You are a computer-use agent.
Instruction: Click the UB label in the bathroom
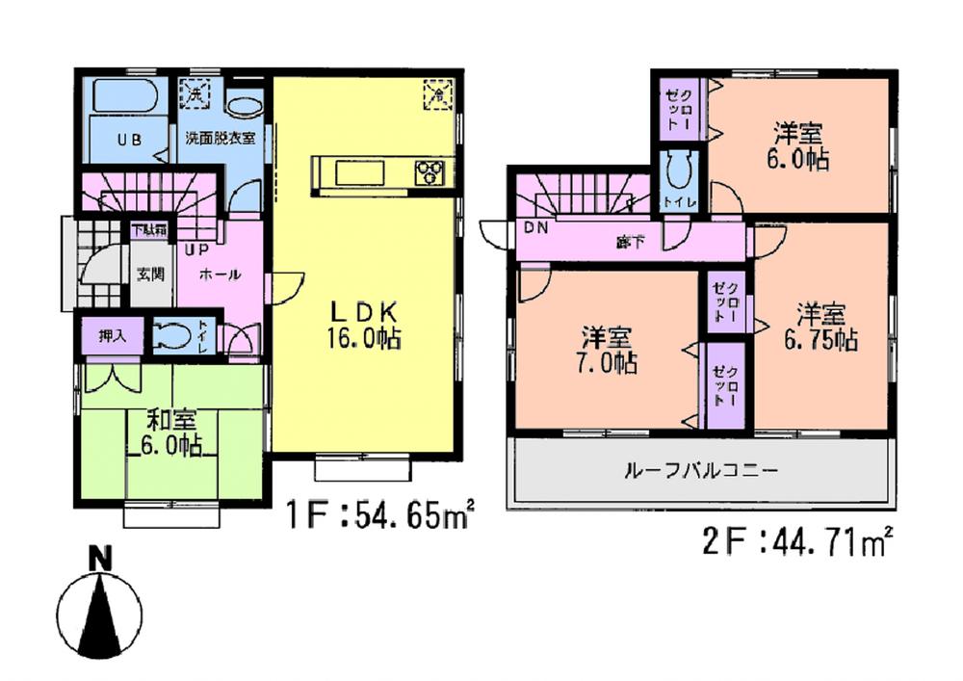(129, 139)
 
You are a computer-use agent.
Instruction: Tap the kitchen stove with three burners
(430, 172)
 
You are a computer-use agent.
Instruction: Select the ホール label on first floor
(220, 275)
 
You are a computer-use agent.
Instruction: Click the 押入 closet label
(113, 336)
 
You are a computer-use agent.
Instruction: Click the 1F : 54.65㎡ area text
(383, 516)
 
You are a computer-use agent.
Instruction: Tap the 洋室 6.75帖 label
(820, 327)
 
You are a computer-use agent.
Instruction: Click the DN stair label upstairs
(535, 228)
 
